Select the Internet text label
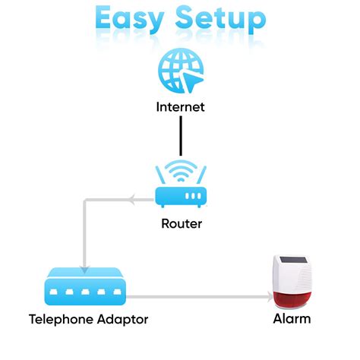[180, 107]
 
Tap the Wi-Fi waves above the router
[180, 169]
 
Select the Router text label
[180, 223]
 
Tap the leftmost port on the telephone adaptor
[55, 290]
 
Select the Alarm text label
[292, 319]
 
